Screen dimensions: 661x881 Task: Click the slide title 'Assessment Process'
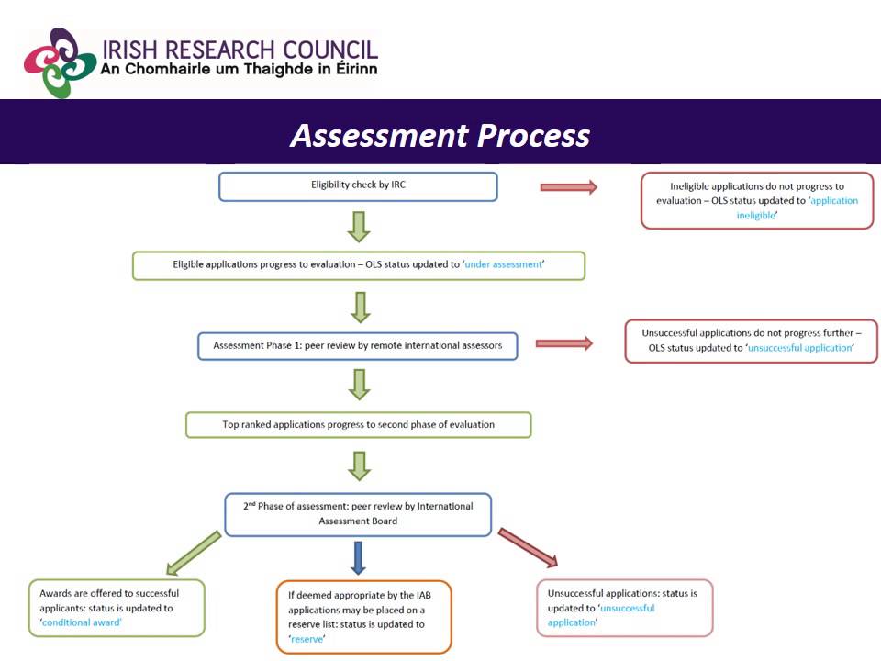[440, 135]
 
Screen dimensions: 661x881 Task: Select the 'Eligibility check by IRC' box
[358, 185]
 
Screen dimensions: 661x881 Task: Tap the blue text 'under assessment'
[504, 264]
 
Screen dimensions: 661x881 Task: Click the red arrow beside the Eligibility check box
[568, 187]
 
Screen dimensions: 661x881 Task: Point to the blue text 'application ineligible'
[797, 207]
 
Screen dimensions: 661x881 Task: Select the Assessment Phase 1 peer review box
[358, 345]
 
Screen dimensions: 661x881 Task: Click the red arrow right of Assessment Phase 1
[563, 343]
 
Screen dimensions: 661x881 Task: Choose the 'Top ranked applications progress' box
[358, 424]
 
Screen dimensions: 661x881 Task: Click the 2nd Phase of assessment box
[358, 513]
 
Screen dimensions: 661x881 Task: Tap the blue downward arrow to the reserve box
[359, 557]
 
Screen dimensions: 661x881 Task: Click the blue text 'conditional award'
[83, 622]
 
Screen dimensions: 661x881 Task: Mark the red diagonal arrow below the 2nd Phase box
[528, 548]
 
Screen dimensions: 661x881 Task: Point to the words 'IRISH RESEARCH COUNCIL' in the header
[240, 50]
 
